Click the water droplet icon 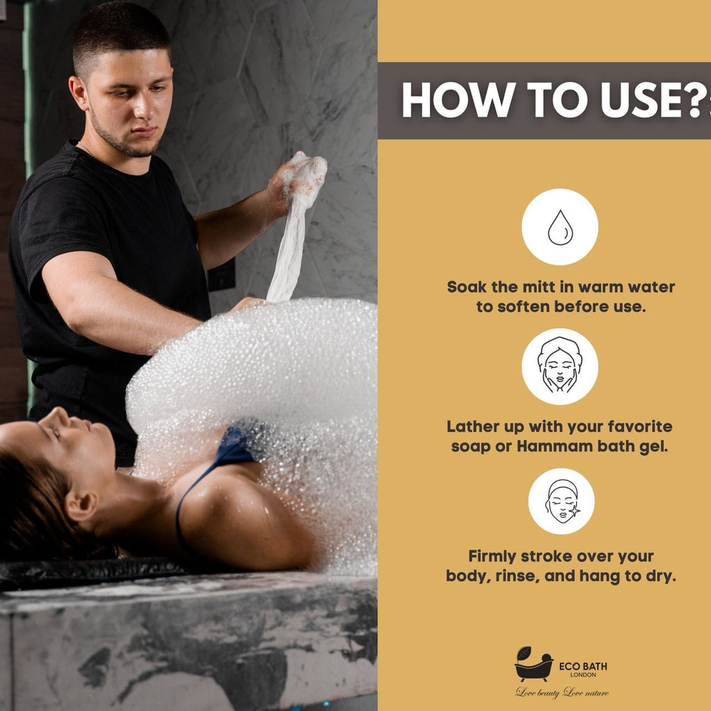(x=560, y=227)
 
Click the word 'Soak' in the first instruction (x=467, y=287)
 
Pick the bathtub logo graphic (x=534, y=664)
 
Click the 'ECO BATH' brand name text (x=583, y=666)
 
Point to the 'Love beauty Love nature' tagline (x=562, y=692)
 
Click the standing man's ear (x=78, y=92)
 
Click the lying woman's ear (x=81, y=505)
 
